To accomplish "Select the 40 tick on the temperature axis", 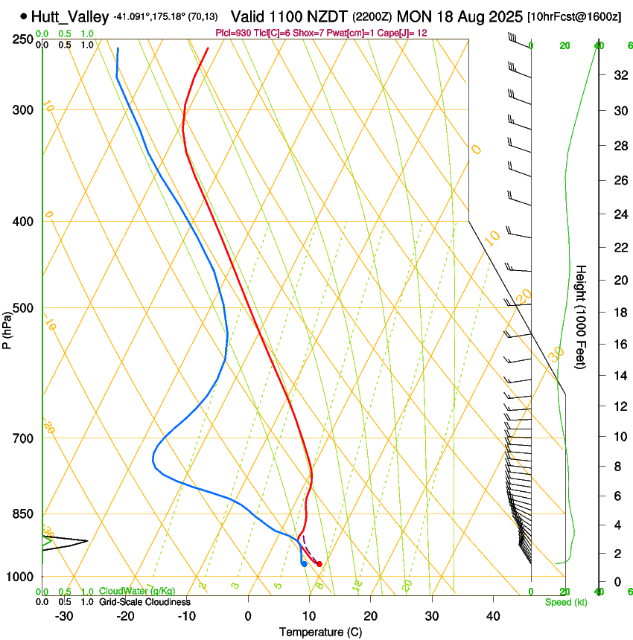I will [x=492, y=616].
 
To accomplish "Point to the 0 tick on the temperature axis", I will [x=248, y=616].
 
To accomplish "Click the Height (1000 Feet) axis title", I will [x=582, y=317].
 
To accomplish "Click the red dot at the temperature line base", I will [x=319, y=564].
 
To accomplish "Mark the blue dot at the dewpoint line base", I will [x=304, y=563].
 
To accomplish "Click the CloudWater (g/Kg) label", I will [x=137, y=592].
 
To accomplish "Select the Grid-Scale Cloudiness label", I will [x=144, y=602].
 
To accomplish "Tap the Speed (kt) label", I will [x=565, y=602].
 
